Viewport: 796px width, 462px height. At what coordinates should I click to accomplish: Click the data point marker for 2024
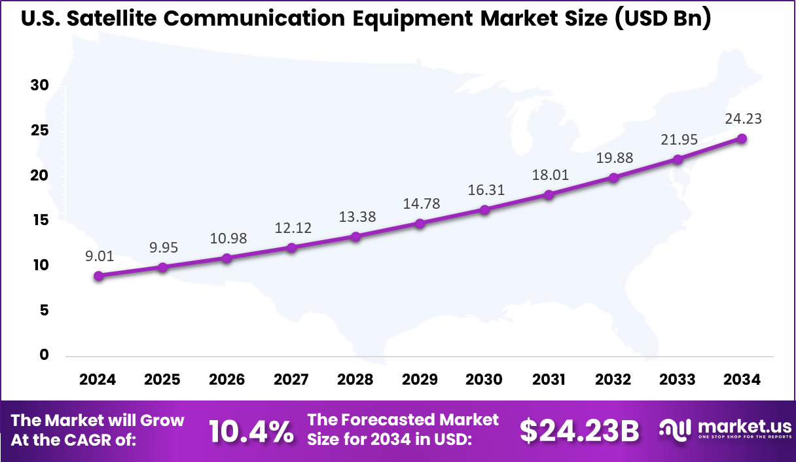[98, 276]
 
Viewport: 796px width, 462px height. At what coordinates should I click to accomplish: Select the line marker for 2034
[742, 139]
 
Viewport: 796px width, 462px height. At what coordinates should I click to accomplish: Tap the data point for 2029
[420, 224]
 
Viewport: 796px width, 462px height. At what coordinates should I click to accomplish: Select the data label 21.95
[679, 139]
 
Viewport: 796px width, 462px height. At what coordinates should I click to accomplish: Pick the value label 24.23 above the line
[743, 119]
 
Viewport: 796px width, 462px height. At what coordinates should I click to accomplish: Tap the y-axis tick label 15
[40, 221]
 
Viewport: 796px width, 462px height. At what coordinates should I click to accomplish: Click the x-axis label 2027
[292, 380]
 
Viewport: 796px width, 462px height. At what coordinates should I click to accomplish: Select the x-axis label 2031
[549, 380]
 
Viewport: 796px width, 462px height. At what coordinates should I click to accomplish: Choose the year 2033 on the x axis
[678, 380]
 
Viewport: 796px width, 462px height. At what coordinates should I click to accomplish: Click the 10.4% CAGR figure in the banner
[251, 431]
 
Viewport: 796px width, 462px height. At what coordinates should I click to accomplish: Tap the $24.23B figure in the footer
[579, 431]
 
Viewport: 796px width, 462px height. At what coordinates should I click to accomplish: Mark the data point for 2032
[613, 178]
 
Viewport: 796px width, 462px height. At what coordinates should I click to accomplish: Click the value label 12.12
[293, 228]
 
